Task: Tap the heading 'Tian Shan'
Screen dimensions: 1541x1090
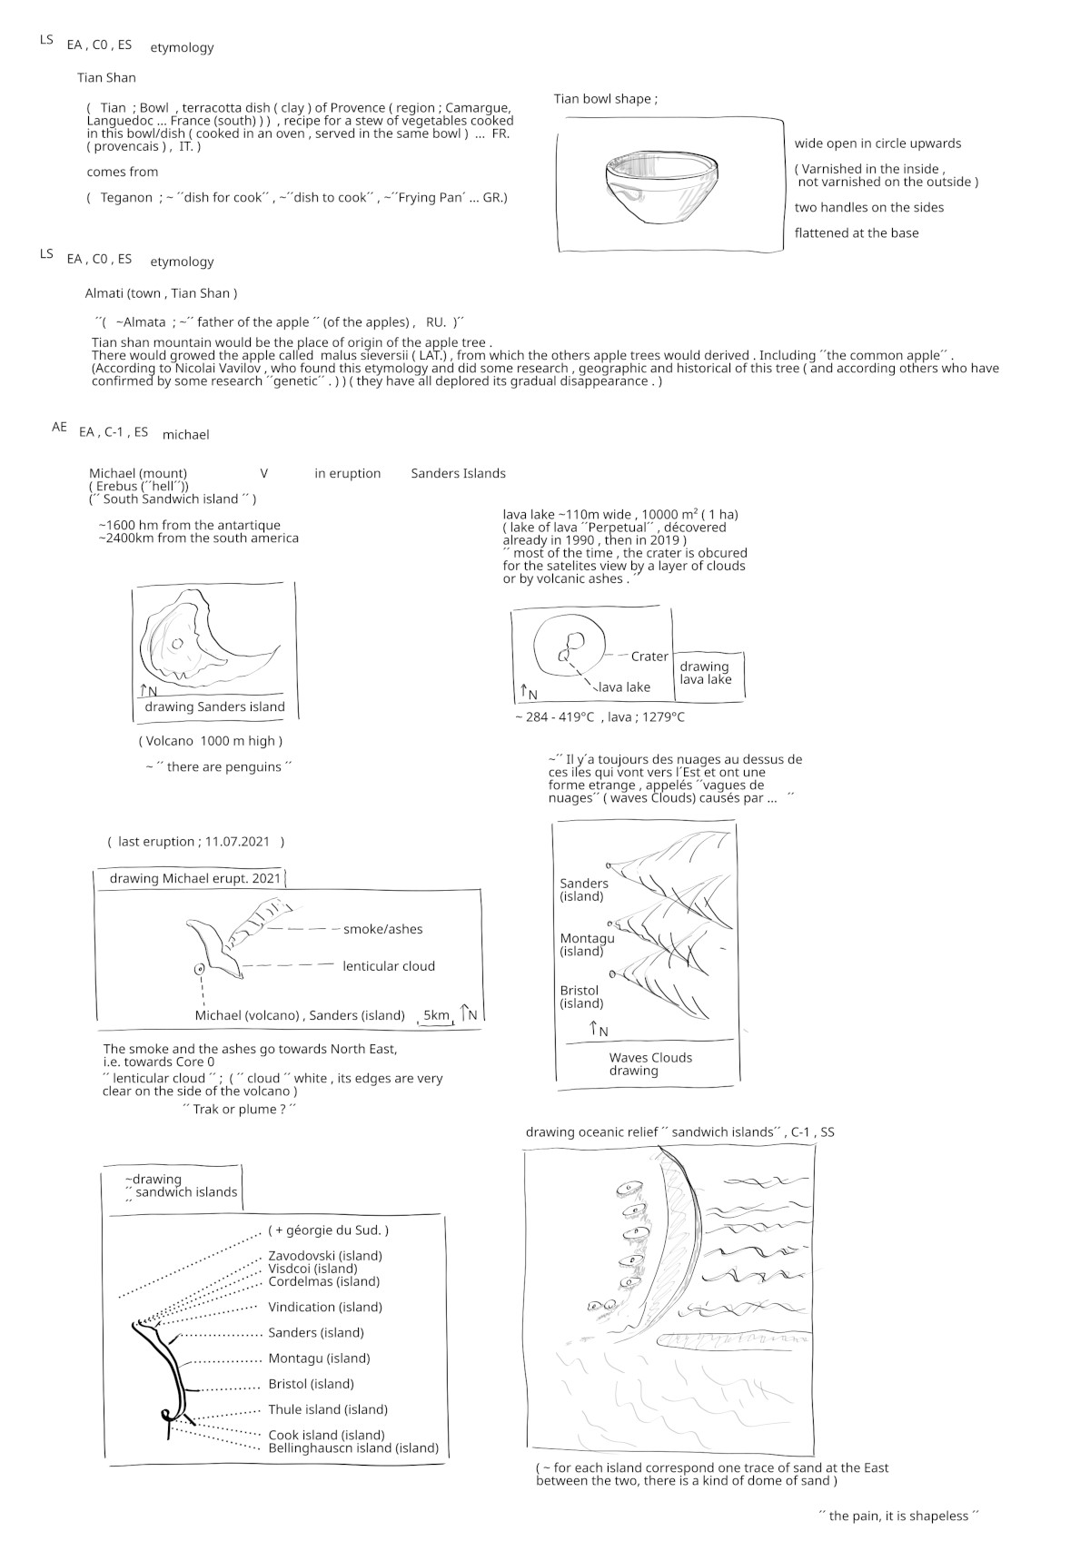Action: pos(106,78)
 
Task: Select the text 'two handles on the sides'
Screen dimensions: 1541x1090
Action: pos(868,208)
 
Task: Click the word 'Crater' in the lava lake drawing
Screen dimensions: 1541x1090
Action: pos(649,657)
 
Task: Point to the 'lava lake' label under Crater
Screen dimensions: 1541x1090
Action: pos(624,687)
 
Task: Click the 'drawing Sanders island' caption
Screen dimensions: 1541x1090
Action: pos(214,707)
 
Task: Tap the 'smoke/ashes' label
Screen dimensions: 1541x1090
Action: pos(382,929)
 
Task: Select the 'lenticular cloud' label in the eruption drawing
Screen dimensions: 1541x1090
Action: pos(389,966)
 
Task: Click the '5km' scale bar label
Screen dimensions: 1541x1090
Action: pos(436,1015)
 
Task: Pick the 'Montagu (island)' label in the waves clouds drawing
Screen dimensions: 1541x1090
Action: pos(587,944)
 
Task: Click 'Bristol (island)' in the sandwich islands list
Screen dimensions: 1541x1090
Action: pos(311,1384)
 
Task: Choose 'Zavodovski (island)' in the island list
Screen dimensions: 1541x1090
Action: pos(324,1256)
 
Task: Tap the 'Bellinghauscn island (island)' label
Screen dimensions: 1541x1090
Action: pos(352,1448)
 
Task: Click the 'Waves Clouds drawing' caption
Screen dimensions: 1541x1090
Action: pos(649,1064)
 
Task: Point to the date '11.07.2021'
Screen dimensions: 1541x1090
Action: pos(237,842)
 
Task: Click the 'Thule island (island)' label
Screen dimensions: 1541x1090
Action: pos(327,1409)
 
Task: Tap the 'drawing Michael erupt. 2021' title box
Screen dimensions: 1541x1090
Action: pos(194,879)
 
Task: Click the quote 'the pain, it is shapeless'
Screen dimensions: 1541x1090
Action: pos(898,1516)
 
